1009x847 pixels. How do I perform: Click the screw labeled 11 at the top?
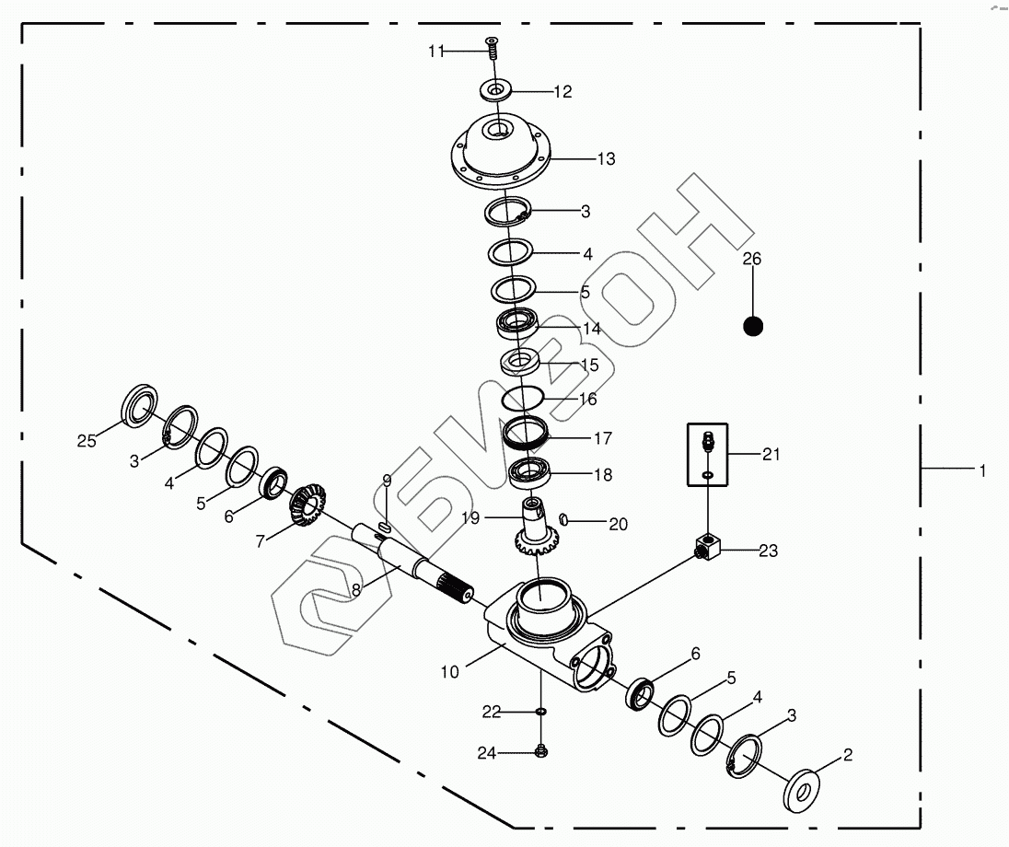pos(493,47)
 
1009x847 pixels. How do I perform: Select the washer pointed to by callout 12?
pos(496,89)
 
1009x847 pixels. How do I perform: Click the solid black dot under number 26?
pos(753,326)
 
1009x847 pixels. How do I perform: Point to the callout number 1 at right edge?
pos(982,471)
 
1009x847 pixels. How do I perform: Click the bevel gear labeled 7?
pos(307,505)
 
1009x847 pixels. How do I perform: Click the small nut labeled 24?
pos(541,750)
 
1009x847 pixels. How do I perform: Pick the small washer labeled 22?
pos(541,711)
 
